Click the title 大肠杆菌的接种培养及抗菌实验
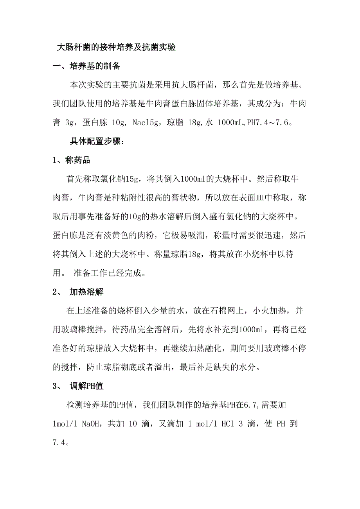[116, 48]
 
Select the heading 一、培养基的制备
[86, 66]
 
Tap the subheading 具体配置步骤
[97, 142]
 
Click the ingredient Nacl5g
[145, 123]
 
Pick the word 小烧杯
[238, 254]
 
